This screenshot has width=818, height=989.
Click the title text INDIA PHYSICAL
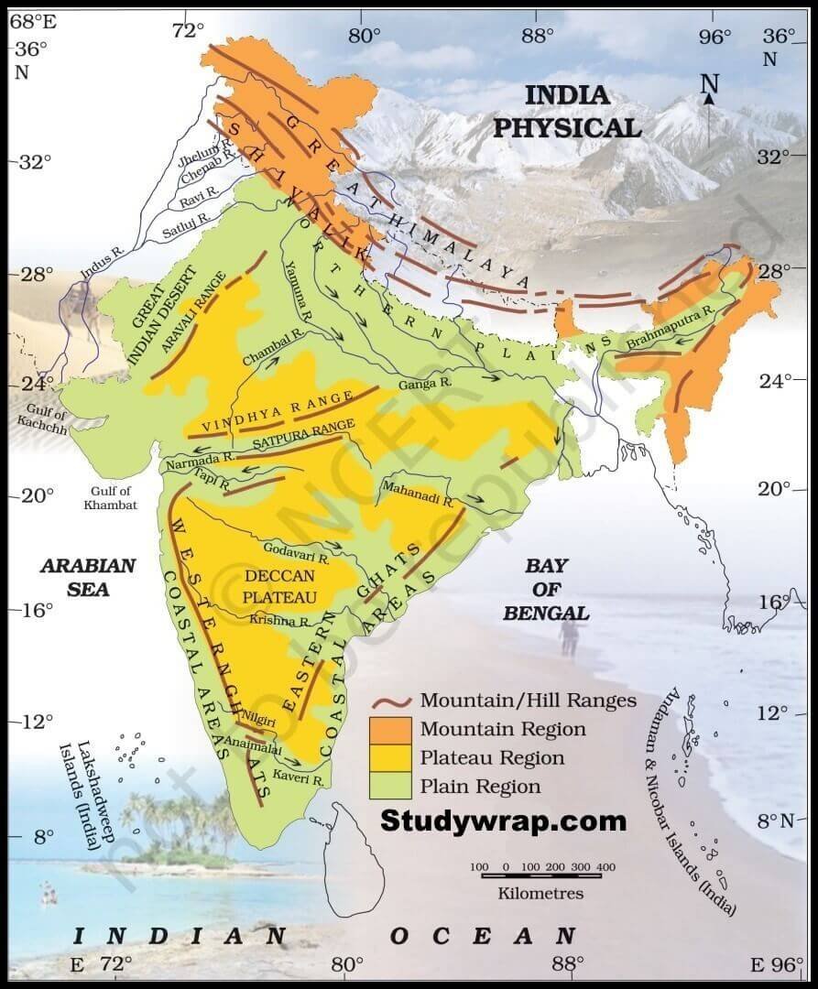click(x=567, y=111)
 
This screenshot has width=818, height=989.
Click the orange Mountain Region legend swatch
click(x=391, y=729)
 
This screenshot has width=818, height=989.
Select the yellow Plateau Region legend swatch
click(x=391, y=757)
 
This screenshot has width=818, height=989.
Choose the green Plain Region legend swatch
click(x=391, y=786)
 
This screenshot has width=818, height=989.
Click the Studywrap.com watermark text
click(x=503, y=820)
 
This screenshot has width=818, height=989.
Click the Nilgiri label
click(x=259, y=722)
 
